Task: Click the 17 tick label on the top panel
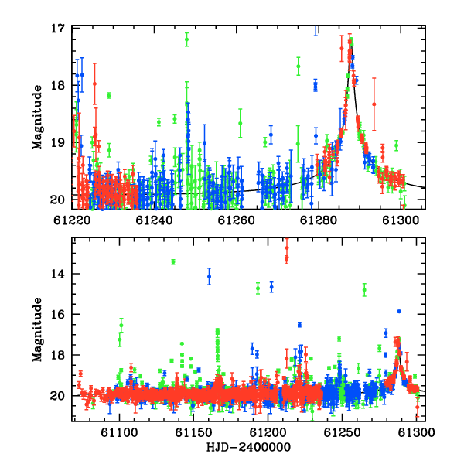pyautogui.click(x=57, y=29)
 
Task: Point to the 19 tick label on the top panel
pyautogui.click(x=57, y=142)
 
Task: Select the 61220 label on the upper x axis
pyautogui.click(x=72, y=220)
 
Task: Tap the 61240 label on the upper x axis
pyautogui.click(x=154, y=220)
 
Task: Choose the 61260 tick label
pyautogui.click(x=236, y=220)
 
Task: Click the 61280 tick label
pyautogui.click(x=319, y=220)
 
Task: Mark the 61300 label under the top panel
pyautogui.click(x=401, y=220)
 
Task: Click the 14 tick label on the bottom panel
pyautogui.click(x=57, y=274)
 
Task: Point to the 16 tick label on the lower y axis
pyautogui.click(x=57, y=314)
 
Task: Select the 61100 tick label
pyautogui.click(x=119, y=432)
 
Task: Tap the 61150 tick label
pyautogui.click(x=193, y=432)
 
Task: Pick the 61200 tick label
pyautogui.click(x=268, y=432)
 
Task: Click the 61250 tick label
pyautogui.click(x=342, y=432)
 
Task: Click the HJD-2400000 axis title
pyautogui.click(x=248, y=447)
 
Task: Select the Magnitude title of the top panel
pyautogui.click(x=37, y=118)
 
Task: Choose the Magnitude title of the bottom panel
pyautogui.click(x=37, y=329)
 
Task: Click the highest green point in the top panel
pyautogui.click(x=186, y=39)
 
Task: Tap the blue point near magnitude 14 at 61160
pyautogui.click(x=210, y=276)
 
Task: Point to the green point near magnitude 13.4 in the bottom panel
pyautogui.click(x=173, y=262)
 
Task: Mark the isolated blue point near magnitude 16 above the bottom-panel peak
pyautogui.click(x=399, y=312)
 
